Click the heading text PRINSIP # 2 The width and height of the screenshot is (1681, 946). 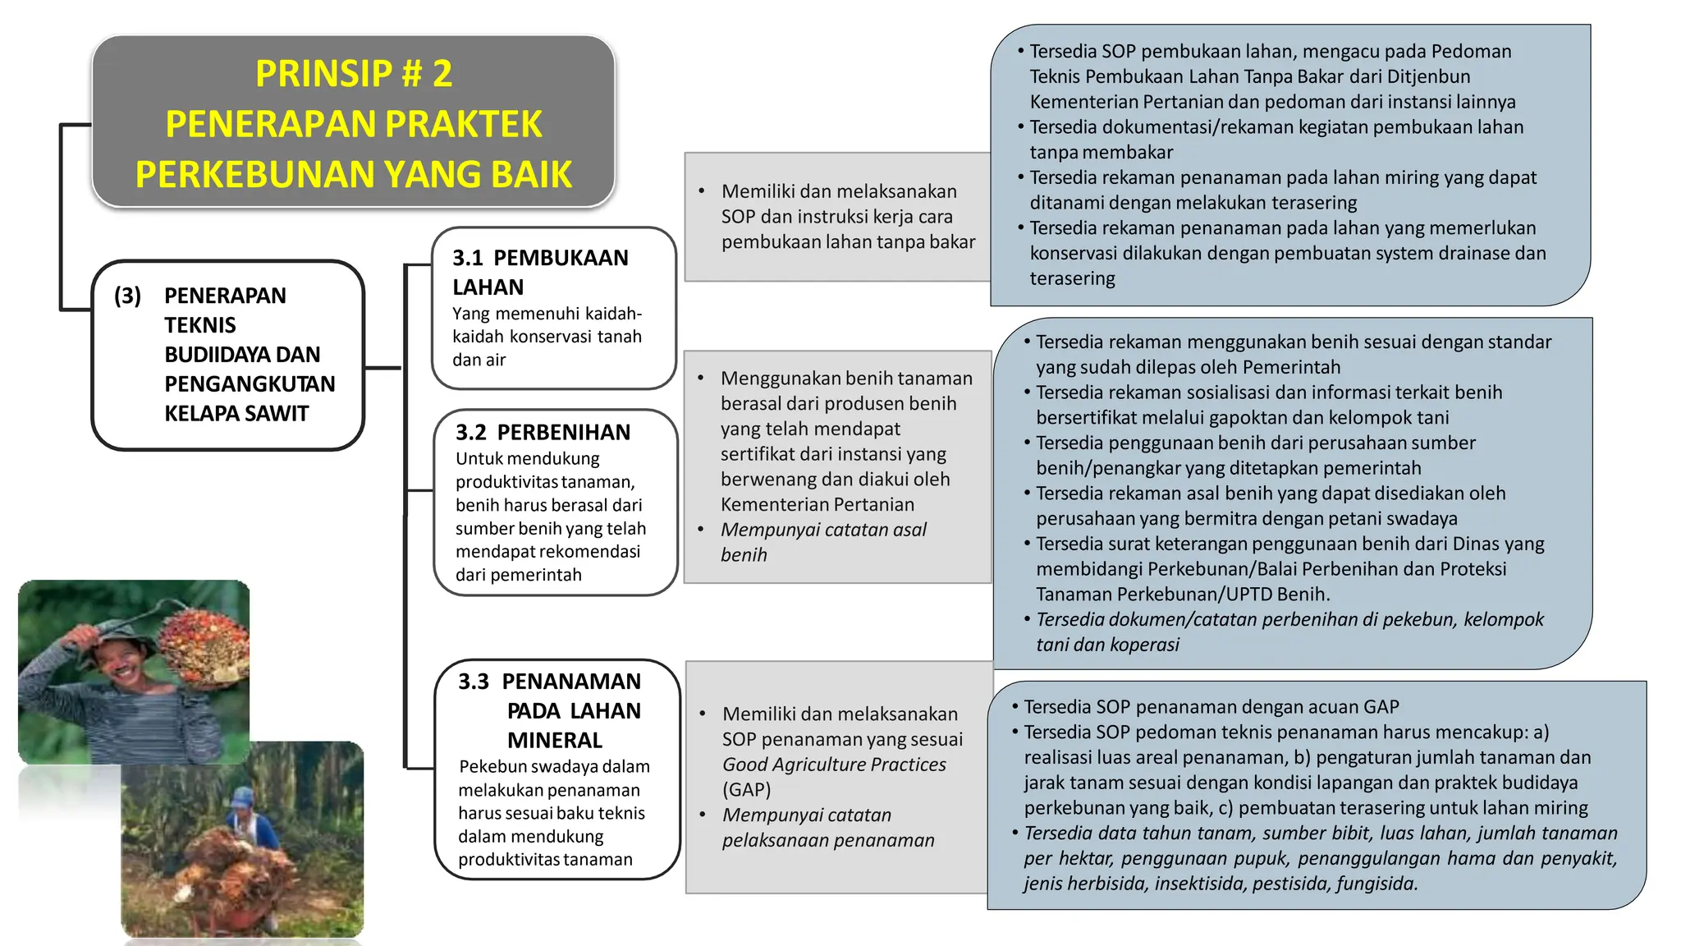point(354,74)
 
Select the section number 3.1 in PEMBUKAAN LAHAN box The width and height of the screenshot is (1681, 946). point(468,258)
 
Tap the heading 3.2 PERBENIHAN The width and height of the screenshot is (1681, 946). point(543,432)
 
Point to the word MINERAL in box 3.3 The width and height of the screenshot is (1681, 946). point(554,740)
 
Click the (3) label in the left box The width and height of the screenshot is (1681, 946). point(127,296)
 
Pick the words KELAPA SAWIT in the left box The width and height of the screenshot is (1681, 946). point(236,413)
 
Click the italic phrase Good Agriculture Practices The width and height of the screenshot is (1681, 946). point(834,765)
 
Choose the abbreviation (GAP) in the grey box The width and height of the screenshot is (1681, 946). point(746,790)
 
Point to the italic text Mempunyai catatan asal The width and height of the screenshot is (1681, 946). point(823,530)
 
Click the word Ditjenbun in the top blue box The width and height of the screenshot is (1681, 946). point(1428,76)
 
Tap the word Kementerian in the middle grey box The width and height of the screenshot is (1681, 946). point(776,504)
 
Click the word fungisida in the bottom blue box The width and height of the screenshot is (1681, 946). point(1376,884)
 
